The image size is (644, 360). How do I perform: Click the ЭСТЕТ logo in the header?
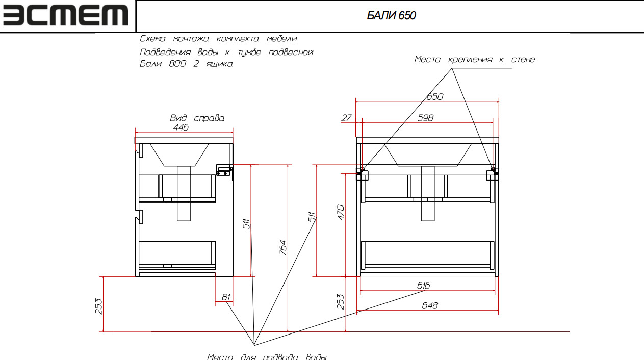[x=66, y=15]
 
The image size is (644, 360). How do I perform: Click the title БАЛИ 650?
[x=391, y=15]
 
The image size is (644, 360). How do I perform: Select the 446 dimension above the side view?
[x=181, y=127]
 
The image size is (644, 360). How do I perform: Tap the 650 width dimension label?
[x=435, y=96]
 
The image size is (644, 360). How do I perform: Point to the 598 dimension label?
[x=425, y=118]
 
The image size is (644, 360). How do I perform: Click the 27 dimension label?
[x=346, y=118]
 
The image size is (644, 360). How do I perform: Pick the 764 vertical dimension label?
[x=283, y=248]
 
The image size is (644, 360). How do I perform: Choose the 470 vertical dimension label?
[x=341, y=213]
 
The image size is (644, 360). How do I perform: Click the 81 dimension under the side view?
[x=226, y=297]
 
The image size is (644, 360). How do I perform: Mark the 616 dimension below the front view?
[x=424, y=286]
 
